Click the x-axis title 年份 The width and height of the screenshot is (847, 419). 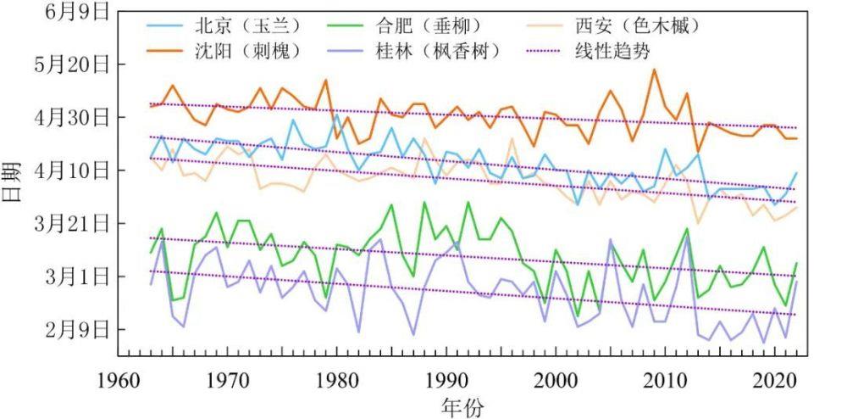pos(462,406)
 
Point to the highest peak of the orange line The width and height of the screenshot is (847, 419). pos(654,70)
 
